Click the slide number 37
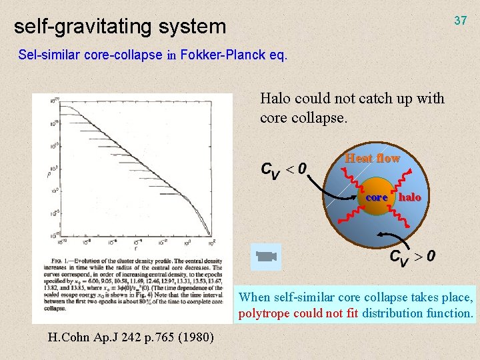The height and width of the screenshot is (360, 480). [460, 21]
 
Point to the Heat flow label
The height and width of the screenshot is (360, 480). [372, 158]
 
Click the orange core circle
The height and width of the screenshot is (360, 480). [377, 197]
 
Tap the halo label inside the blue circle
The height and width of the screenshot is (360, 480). [410, 197]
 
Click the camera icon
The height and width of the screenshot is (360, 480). [265, 257]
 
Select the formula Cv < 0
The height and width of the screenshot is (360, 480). [283, 170]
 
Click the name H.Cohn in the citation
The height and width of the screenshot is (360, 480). [68, 337]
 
